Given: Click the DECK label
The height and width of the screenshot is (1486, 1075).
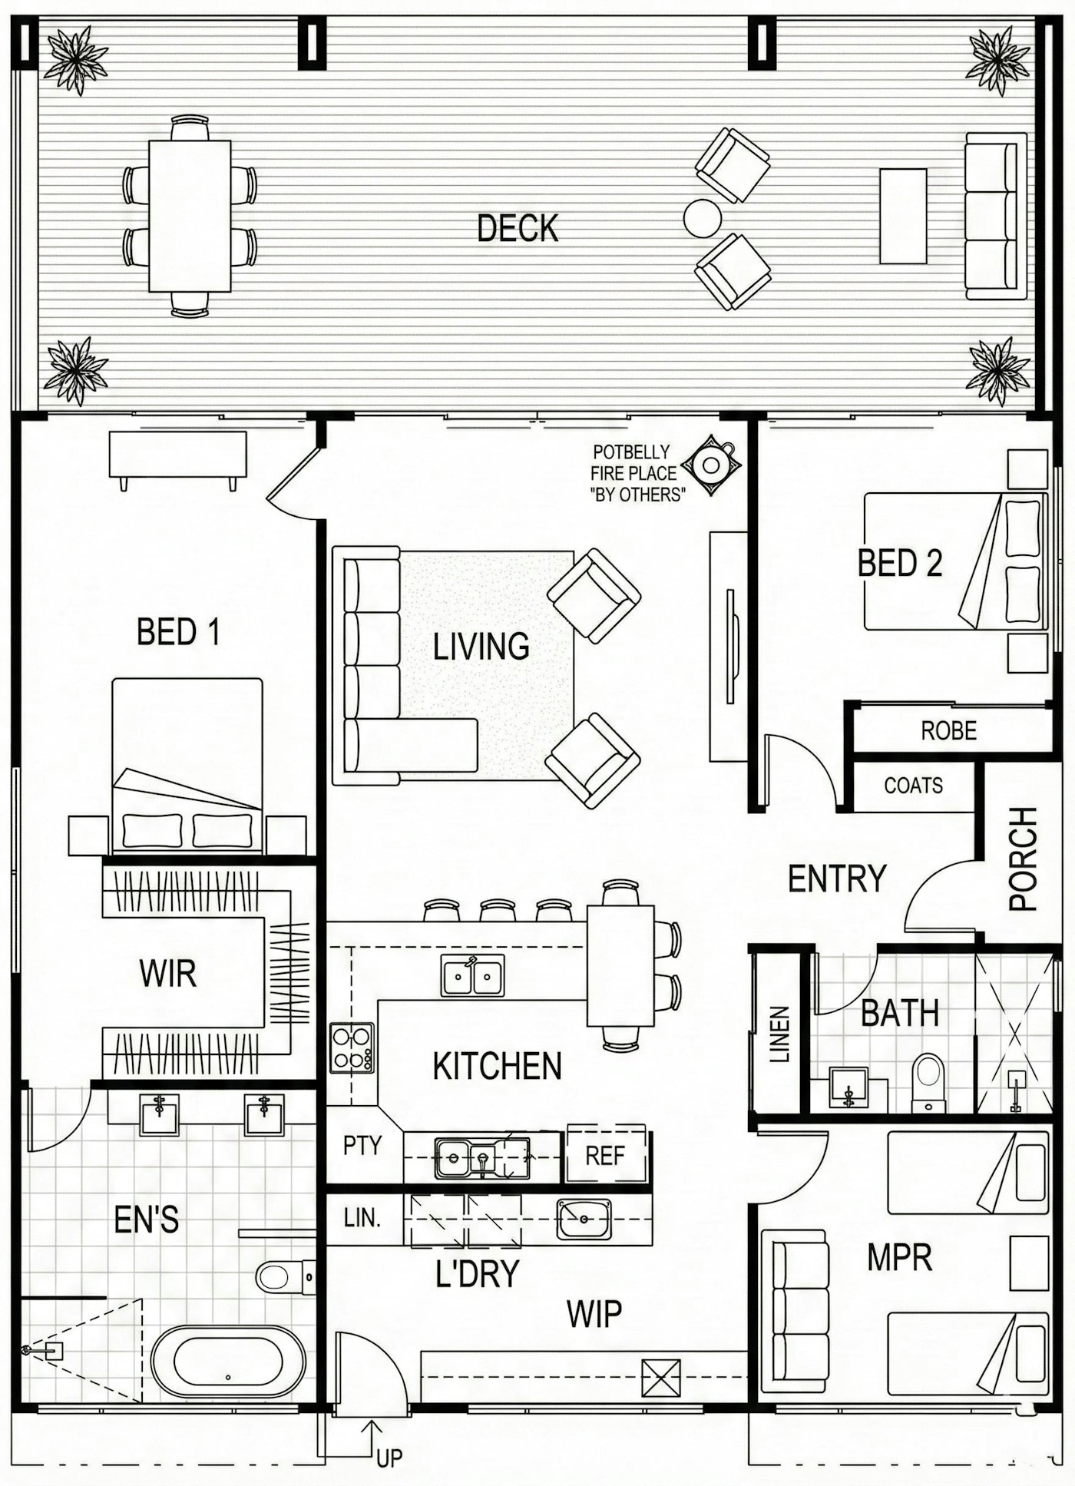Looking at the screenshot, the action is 518,228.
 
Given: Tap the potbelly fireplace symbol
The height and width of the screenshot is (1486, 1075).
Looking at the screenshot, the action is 712,464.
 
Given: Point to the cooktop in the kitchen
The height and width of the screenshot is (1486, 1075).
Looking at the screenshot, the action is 352,1047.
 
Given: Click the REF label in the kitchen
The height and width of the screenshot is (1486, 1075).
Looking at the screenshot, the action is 605,1156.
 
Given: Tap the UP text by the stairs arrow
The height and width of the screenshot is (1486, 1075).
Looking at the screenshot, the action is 389,1458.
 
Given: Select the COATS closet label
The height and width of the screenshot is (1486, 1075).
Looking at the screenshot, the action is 913,786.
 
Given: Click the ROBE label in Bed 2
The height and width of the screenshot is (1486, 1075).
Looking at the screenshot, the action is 949,730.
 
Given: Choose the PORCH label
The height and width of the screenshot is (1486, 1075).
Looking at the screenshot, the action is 1023,859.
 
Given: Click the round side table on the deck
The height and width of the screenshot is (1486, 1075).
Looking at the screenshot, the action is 703,218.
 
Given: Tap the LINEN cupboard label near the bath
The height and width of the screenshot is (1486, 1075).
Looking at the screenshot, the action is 779,1034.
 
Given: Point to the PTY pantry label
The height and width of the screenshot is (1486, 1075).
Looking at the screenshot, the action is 362,1146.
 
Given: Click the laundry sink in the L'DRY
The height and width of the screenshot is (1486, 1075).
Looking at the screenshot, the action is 584,1219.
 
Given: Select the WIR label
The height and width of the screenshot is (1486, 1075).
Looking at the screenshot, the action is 168,974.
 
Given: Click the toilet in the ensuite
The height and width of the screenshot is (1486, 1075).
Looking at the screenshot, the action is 285,1277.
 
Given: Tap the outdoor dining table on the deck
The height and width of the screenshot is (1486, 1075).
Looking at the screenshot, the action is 190,216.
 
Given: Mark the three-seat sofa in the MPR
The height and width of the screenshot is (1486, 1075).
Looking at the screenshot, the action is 795,1311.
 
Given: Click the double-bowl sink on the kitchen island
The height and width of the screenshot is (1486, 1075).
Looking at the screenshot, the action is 473,975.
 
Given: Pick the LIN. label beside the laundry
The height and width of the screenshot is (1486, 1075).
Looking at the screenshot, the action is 362,1218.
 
